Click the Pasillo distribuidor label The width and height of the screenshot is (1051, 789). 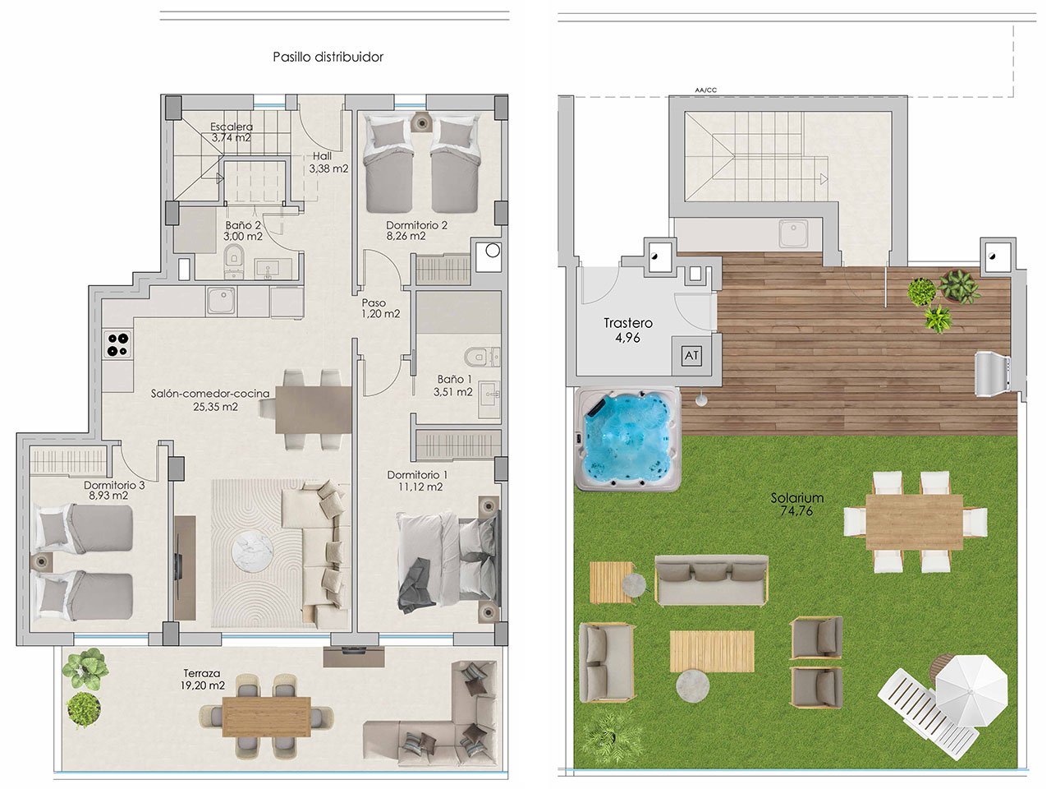328,57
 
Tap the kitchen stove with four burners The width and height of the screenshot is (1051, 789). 117,344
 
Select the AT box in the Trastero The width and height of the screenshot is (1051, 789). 691,356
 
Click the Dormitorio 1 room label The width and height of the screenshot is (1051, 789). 417,481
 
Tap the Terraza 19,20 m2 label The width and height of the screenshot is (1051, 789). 204,678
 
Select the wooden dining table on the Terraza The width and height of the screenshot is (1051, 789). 266,716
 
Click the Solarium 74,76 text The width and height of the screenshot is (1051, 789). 796,504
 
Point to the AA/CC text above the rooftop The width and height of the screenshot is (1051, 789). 704,90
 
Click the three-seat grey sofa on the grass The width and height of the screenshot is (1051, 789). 712,579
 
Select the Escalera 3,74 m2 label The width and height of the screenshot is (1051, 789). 232,132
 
